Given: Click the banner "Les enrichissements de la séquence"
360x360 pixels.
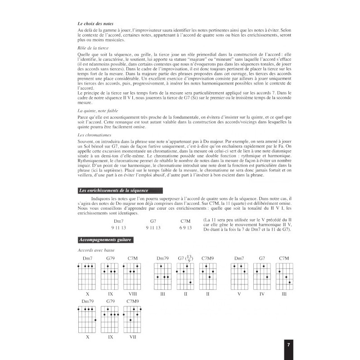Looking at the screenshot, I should pyautogui.click(x=113, y=190).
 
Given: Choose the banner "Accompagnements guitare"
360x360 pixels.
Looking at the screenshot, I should pyautogui.click(x=105, y=240).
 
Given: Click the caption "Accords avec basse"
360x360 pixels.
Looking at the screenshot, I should pyautogui.click(x=95, y=250).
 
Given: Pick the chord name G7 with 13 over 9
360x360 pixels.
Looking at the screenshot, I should pyautogui.click(x=184, y=258).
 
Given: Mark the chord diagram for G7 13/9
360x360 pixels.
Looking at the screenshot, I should pyautogui.click(x=184, y=276).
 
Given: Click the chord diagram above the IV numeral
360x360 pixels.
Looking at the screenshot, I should pyautogui.click(x=261, y=276).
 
